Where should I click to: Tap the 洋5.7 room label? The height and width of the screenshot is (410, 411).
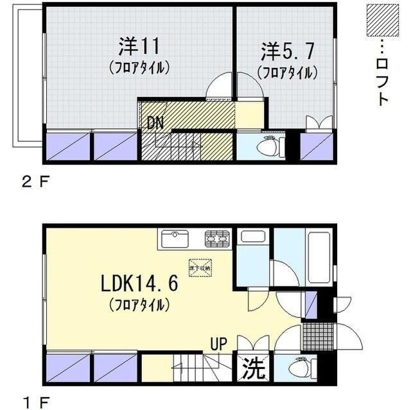click(x=287, y=51)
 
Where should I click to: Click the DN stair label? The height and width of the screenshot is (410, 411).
click(x=155, y=122)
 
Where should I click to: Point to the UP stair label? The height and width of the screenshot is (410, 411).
click(x=218, y=344)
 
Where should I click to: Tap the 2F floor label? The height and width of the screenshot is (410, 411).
click(x=35, y=182)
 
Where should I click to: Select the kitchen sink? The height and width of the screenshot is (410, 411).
click(x=175, y=240)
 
